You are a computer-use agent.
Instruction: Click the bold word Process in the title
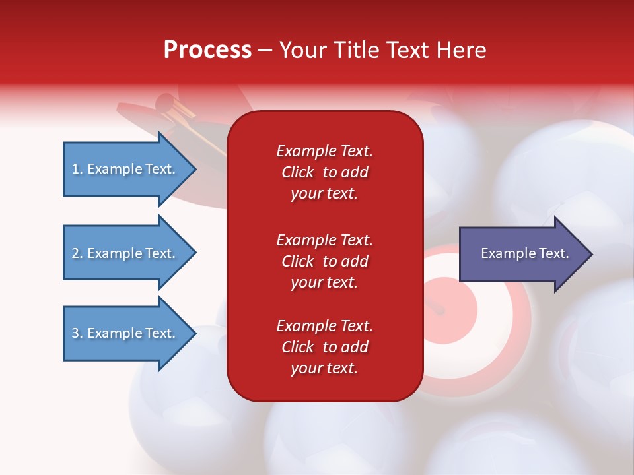click(207, 49)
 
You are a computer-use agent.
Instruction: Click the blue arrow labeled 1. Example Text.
click(129, 169)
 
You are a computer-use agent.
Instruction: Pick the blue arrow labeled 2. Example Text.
click(129, 253)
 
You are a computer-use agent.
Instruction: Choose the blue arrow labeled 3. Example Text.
click(129, 333)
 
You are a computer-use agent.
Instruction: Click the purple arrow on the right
click(526, 253)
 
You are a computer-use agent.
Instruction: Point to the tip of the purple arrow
click(592, 254)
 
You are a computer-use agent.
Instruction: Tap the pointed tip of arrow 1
click(196, 169)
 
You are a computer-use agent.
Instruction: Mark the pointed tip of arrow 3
click(196, 334)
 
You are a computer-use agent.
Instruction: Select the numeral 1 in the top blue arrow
click(75, 169)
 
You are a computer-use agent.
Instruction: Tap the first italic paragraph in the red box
click(325, 172)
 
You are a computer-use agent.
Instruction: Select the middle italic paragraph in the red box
click(325, 261)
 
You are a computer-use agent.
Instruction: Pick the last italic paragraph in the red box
click(325, 346)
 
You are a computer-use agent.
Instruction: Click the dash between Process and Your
click(265, 51)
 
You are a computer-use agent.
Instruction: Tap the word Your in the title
click(303, 49)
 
